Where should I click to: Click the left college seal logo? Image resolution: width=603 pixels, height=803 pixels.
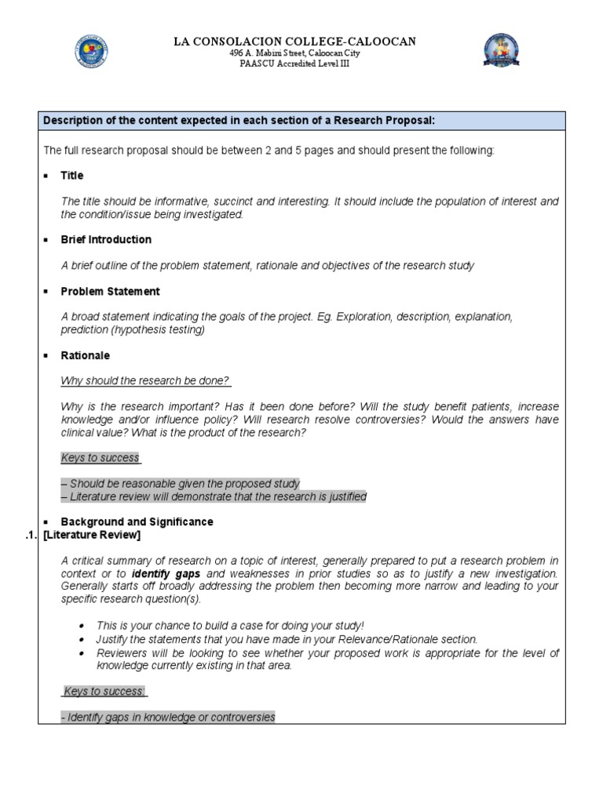pyautogui.click(x=90, y=51)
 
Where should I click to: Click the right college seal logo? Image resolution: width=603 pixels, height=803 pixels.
pyautogui.click(x=502, y=51)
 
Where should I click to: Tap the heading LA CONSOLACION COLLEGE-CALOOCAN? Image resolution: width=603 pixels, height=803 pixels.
pyautogui.click(x=295, y=41)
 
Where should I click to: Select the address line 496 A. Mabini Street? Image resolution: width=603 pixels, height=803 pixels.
pyautogui.click(x=295, y=53)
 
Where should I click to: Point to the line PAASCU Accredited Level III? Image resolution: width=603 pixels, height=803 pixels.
pyautogui.click(x=295, y=64)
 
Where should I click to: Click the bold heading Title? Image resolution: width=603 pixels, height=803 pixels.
pyautogui.click(x=72, y=176)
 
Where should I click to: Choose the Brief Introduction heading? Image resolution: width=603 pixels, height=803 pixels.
pyautogui.click(x=106, y=240)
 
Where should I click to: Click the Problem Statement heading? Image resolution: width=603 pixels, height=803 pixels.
pyautogui.click(x=110, y=292)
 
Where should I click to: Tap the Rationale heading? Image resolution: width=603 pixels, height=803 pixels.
pyautogui.click(x=86, y=356)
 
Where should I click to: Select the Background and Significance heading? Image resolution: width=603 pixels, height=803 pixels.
pyautogui.click(x=137, y=522)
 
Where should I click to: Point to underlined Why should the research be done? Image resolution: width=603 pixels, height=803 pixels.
pyautogui.click(x=145, y=381)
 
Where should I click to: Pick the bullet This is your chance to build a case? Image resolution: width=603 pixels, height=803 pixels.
pyautogui.click(x=230, y=626)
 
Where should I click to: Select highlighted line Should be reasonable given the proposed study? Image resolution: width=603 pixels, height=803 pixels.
pyautogui.click(x=181, y=484)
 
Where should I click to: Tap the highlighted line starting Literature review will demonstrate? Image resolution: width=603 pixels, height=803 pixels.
pyautogui.click(x=214, y=496)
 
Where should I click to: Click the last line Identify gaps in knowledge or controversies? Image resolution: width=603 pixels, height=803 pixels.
pyautogui.click(x=168, y=717)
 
